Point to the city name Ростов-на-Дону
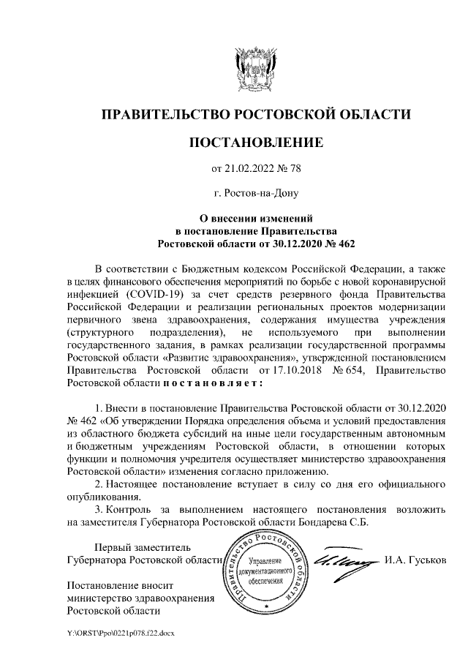click(255, 194)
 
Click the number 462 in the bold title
click(342, 241)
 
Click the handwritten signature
click(344, 560)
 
